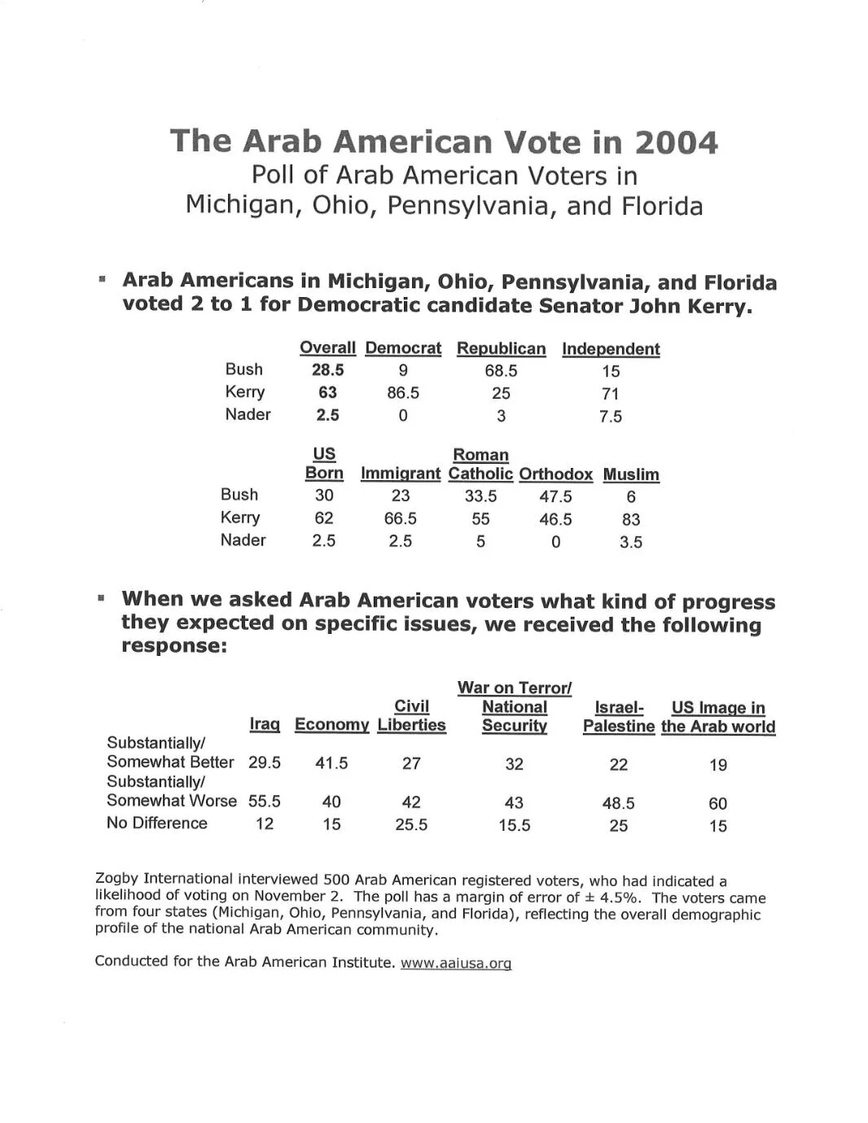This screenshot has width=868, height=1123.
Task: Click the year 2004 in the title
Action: [x=676, y=143]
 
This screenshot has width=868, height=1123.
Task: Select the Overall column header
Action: [x=327, y=348]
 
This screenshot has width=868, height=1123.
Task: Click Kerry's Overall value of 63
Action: [x=327, y=392]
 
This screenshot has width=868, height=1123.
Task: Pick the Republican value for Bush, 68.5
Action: [x=501, y=371]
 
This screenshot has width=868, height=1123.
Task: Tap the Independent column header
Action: [x=611, y=349]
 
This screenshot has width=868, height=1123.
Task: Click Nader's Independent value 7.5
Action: [x=611, y=417]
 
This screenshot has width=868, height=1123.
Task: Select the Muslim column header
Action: [x=631, y=474]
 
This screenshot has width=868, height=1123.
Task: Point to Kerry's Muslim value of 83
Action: [x=631, y=519]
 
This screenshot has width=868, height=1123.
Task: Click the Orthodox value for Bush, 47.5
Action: [x=555, y=496]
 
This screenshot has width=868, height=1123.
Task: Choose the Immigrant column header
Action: [x=401, y=474]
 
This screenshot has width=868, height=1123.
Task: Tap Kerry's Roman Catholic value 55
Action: [x=480, y=518]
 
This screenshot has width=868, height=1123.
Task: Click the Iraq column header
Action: [x=265, y=724]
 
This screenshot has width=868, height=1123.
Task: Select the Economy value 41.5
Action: [x=331, y=763]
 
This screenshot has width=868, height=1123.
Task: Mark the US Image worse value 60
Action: [x=717, y=804]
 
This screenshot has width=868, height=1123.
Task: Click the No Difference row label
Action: [x=157, y=824]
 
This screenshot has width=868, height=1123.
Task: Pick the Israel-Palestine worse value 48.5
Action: [x=619, y=803]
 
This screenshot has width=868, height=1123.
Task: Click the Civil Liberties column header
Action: [x=411, y=716]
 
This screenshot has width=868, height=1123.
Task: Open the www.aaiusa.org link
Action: [x=455, y=964]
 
